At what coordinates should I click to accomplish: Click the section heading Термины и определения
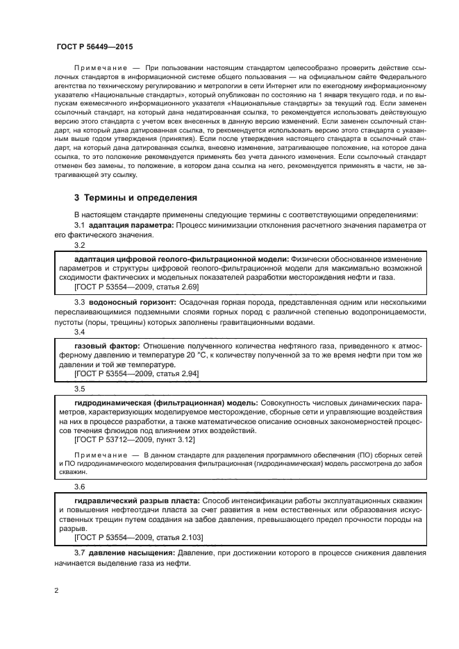(x=137, y=197)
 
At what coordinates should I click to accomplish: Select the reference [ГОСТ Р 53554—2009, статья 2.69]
(x=136, y=286)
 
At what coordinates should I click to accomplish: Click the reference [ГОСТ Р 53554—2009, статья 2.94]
(x=136, y=373)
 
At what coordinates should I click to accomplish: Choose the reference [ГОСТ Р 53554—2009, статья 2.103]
(x=138, y=537)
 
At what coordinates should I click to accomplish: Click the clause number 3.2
(x=80, y=245)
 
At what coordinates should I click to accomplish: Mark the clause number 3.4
(x=80, y=332)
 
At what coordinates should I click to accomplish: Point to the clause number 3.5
(x=80, y=389)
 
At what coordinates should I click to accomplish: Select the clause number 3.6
(x=80, y=487)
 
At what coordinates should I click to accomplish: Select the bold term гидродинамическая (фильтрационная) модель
(x=165, y=402)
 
